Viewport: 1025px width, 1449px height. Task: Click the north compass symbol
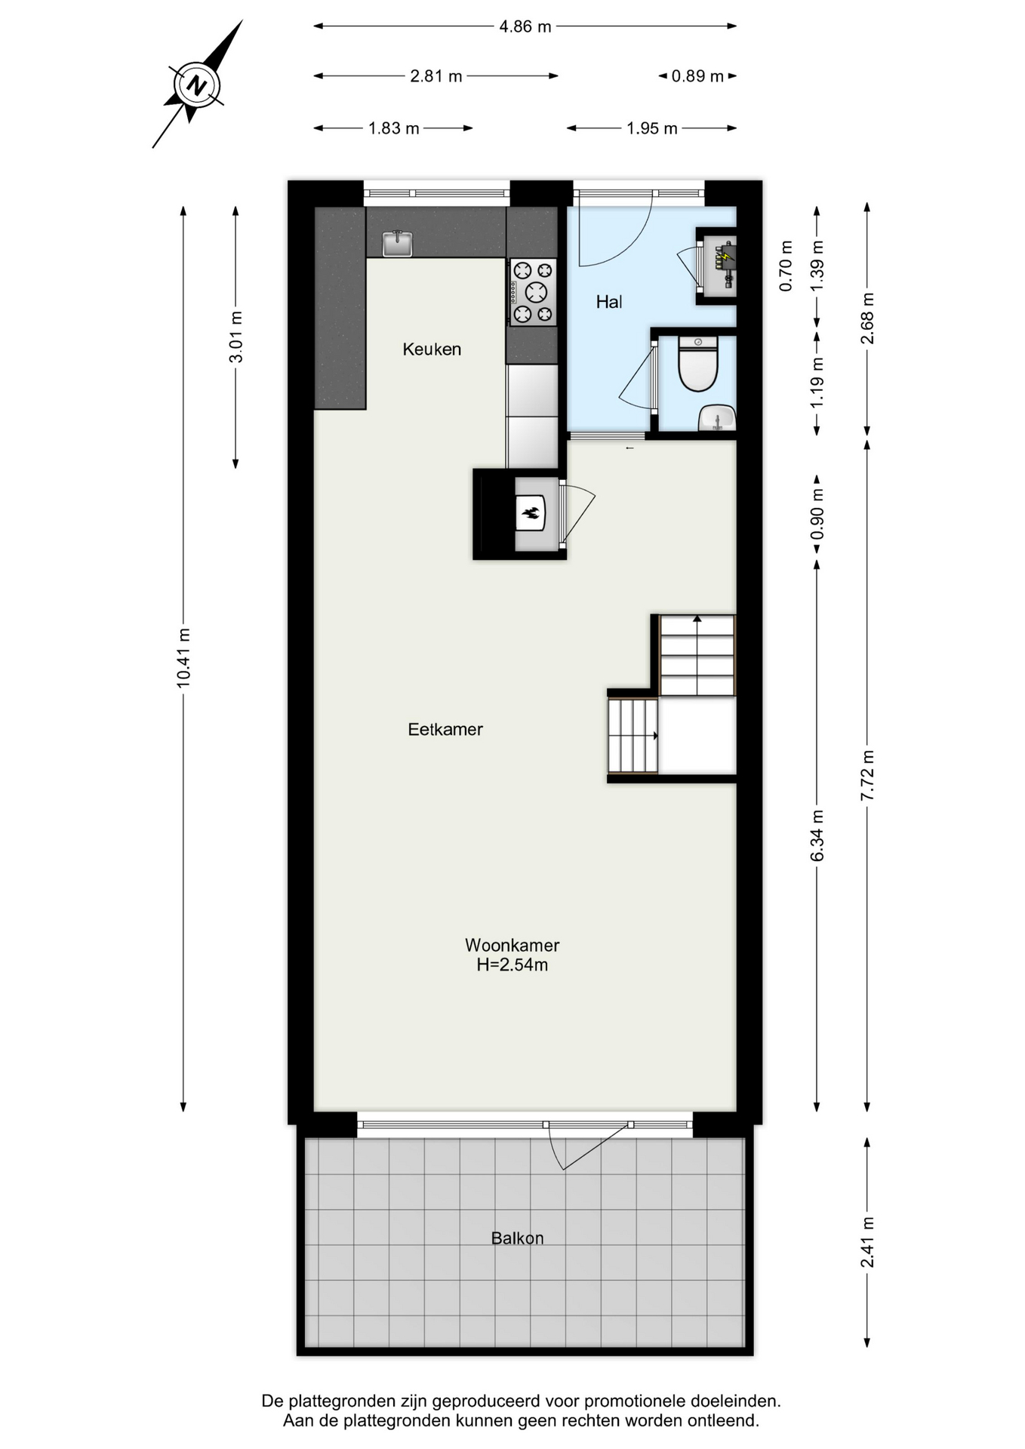[x=197, y=85]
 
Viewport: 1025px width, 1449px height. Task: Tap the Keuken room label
[x=432, y=349]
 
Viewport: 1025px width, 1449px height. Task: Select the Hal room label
[x=609, y=303]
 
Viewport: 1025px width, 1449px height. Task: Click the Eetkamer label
[x=445, y=730]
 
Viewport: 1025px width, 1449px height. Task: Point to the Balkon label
[x=517, y=1238]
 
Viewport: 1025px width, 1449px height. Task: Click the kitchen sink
[x=397, y=243]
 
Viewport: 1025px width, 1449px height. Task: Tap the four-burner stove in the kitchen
[x=533, y=292]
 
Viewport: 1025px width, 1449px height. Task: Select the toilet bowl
[x=697, y=365]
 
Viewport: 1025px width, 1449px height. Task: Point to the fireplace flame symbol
[x=532, y=514]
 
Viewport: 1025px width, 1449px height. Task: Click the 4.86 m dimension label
[x=525, y=27]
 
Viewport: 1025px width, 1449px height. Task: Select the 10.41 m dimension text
[x=183, y=657]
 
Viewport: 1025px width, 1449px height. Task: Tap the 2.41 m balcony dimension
[x=867, y=1241]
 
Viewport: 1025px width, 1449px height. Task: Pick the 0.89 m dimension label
[x=697, y=76]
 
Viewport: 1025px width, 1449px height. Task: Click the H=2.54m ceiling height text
[x=512, y=964]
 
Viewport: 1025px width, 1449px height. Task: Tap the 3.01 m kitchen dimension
[x=236, y=337]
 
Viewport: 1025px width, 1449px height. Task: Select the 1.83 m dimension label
[x=393, y=129]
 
